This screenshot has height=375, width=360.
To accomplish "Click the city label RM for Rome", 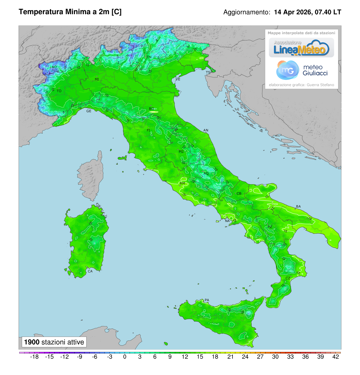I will coord(182,183).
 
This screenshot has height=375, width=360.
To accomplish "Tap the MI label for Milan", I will coord(97,79).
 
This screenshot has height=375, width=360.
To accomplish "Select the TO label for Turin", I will coord(59,91).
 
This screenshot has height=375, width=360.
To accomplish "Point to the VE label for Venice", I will coord(178,79).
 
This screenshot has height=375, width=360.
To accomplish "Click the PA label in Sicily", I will coord(207,300).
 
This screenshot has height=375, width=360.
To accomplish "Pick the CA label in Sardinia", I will coord(90,271).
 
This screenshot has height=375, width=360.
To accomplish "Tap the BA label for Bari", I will coord(298,206).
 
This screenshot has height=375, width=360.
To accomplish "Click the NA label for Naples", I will coord(227,221).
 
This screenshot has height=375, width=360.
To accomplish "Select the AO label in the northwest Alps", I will coord(54,67).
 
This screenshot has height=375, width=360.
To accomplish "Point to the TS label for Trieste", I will coord(208,73).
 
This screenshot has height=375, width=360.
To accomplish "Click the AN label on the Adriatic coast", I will coord(206,130).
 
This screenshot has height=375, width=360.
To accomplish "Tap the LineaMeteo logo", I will coord(301,48).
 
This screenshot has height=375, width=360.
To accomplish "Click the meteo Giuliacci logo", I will coord(301,70).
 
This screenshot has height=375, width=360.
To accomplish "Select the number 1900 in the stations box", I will coord(31,342).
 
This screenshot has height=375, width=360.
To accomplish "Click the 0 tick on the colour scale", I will coord(125,357).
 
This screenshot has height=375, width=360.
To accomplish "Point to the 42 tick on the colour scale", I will coord(336,357).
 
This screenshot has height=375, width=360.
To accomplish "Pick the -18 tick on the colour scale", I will coord(35,357).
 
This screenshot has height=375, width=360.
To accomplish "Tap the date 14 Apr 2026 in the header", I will coord(292,12).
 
